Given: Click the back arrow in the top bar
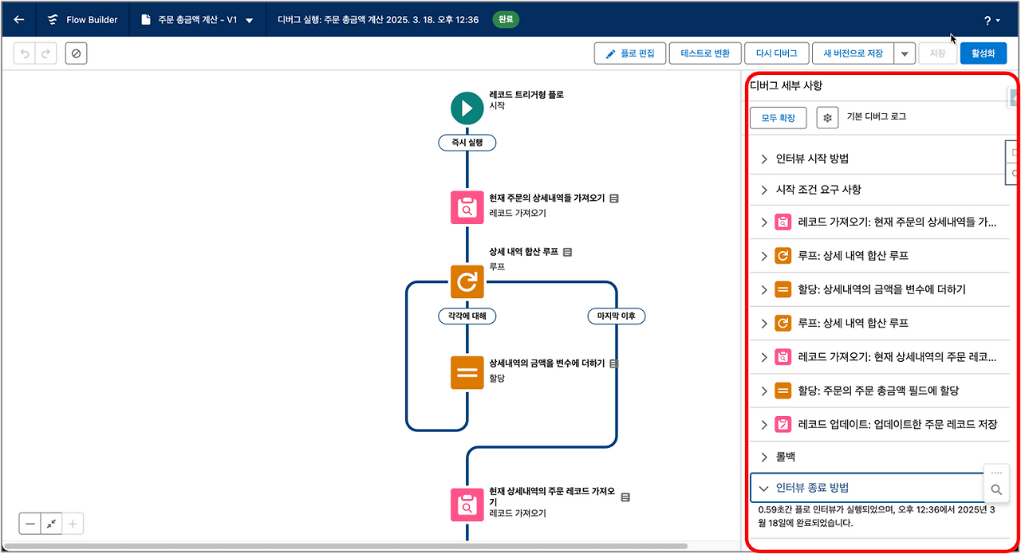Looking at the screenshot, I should click(x=19, y=20).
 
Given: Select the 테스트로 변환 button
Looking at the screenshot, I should click(x=705, y=53).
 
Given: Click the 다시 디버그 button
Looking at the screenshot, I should click(x=776, y=53).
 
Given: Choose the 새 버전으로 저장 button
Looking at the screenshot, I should click(x=853, y=53).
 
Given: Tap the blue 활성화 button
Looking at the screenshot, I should click(x=983, y=53).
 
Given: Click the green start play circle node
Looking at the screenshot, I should click(x=467, y=108).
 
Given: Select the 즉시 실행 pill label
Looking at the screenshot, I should click(x=467, y=143).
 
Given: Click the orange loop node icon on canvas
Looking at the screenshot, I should click(x=467, y=281).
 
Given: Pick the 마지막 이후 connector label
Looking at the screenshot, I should click(x=617, y=316).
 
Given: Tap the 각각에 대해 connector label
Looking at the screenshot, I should click(x=467, y=316).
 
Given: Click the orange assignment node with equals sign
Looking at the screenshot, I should click(x=467, y=371).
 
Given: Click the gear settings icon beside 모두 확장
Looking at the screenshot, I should click(x=827, y=118).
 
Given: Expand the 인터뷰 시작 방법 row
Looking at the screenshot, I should click(x=812, y=159).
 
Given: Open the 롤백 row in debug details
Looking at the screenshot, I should click(x=785, y=457).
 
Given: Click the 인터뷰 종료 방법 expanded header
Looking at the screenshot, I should click(x=818, y=488).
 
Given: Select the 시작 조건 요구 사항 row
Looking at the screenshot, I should click(x=818, y=190).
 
